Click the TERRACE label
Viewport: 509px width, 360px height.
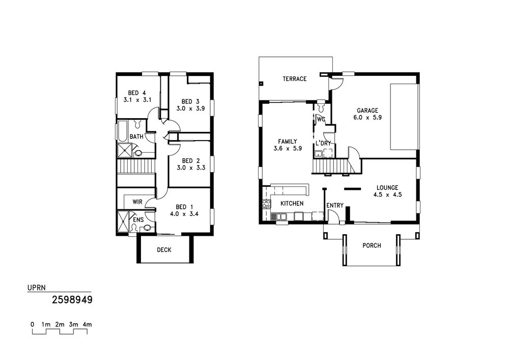[x=294, y=79]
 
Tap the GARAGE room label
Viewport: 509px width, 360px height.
[x=367, y=110]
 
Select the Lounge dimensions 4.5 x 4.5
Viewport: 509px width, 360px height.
[x=387, y=195]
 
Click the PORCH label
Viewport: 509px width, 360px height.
[x=372, y=245]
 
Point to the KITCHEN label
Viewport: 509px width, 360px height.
[x=292, y=204]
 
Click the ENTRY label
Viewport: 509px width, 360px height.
[x=335, y=206]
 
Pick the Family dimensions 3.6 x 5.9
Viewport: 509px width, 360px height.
[x=288, y=149]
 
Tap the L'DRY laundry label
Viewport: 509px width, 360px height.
[x=323, y=143]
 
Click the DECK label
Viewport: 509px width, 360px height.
[x=164, y=250]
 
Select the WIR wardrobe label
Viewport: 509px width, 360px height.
[x=137, y=202]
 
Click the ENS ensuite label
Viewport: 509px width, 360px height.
[x=138, y=220]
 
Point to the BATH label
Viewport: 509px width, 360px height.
[x=136, y=136]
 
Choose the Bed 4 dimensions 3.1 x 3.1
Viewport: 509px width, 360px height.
[x=137, y=100]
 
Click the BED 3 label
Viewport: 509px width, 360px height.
[x=190, y=101]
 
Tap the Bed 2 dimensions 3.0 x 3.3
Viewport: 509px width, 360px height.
[x=191, y=168]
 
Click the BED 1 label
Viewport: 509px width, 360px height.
[x=184, y=207]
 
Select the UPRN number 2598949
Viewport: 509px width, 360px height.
[x=72, y=299]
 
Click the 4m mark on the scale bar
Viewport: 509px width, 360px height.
[x=87, y=324]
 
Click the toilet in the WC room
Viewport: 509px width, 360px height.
[x=321, y=106]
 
